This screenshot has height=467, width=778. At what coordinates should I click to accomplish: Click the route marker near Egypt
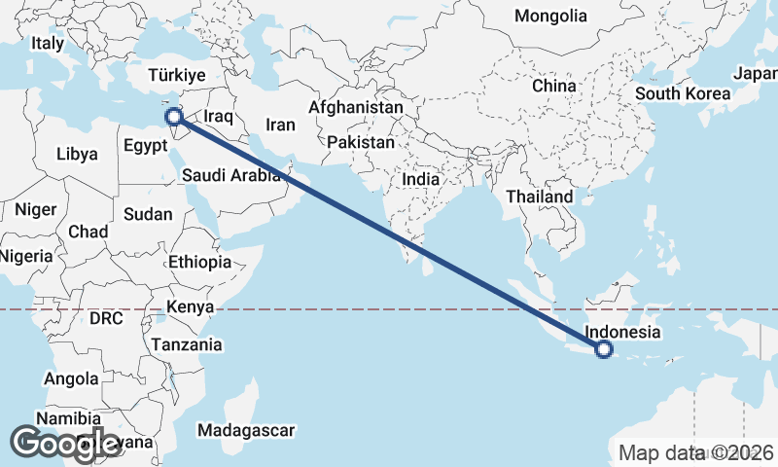point(176,118)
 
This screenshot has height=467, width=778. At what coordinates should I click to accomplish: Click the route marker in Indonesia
point(604,349)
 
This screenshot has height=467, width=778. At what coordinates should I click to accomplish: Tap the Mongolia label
point(551,16)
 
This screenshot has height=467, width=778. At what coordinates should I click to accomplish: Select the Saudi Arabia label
point(230,176)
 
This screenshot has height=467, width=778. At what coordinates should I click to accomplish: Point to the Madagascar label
point(245,429)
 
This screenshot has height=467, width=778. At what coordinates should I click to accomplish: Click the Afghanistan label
point(355,107)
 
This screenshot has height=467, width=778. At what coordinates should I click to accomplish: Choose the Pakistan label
point(361,142)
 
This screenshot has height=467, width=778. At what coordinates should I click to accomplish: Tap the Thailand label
point(540,197)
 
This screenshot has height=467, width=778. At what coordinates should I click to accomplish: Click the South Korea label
point(682,94)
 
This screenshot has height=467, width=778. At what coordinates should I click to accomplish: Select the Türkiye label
point(176,75)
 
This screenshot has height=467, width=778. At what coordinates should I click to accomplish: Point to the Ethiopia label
point(199,262)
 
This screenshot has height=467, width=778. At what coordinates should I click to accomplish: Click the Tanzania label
point(187,344)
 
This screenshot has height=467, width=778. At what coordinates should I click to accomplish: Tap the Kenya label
point(190,307)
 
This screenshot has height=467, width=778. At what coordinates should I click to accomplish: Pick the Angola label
point(72,378)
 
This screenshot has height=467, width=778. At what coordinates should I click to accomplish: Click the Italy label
point(47,44)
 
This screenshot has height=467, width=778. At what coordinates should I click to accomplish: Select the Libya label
point(77,154)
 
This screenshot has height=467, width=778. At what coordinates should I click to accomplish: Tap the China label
point(554,86)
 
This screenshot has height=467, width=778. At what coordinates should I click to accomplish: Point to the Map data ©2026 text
point(696,452)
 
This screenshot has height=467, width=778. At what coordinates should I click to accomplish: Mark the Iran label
point(280,125)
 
